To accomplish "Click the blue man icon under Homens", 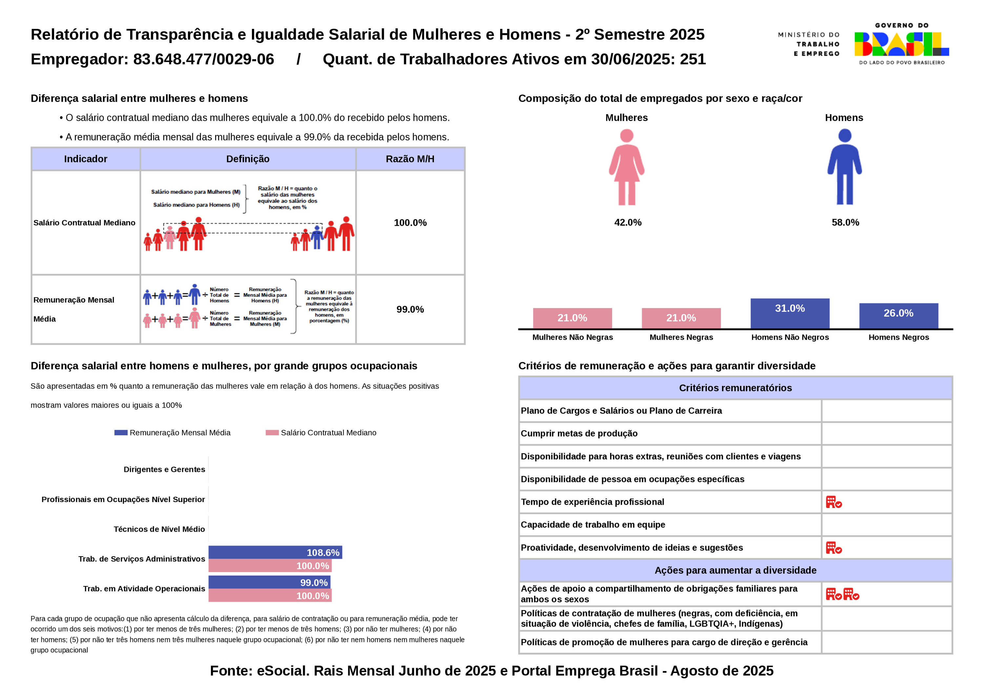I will (844, 167).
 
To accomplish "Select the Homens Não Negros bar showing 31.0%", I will (790, 313).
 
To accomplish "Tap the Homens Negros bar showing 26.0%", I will (898, 316).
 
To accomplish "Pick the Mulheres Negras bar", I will (681, 318).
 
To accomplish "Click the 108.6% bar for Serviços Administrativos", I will (275, 552).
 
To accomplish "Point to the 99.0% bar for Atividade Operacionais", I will (269, 582).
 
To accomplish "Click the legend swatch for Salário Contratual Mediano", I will (272, 433).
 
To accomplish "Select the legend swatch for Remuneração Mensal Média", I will (121, 433).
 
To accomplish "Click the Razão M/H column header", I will (410, 159).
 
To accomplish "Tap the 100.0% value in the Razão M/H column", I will (410, 222).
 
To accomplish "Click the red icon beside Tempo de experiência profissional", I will (833, 502).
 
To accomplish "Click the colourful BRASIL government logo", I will (901, 44).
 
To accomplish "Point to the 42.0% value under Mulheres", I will (628, 222).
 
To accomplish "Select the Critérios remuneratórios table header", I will (735, 388).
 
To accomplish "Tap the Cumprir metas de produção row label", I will (579, 433).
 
